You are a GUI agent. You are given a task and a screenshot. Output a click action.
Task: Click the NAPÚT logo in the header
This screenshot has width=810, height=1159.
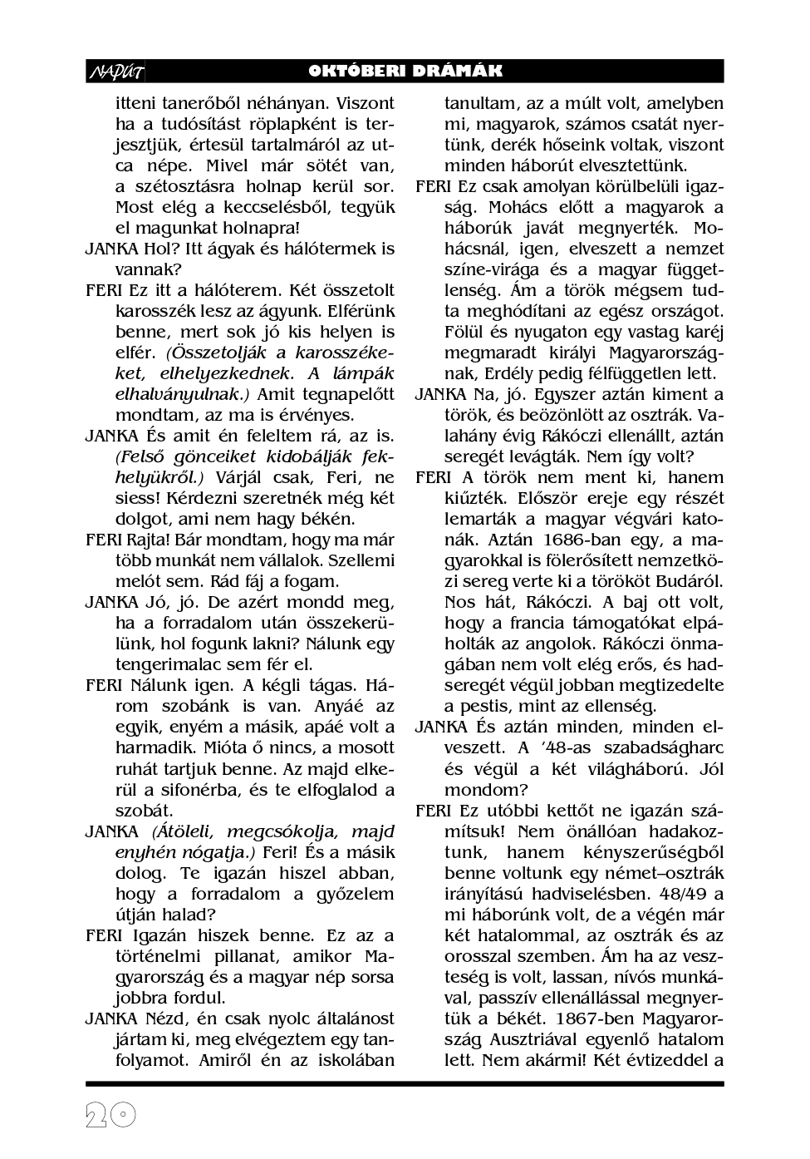click(115, 72)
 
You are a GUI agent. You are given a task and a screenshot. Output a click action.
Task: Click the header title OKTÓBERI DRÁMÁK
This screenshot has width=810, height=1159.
click(405, 72)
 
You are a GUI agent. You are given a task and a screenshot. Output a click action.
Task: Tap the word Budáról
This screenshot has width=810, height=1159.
click(691, 581)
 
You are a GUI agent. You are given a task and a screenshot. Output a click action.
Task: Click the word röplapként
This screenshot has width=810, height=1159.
click(302, 124)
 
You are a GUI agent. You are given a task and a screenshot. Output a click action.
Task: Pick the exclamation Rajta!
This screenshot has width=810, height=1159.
click(149, 540)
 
